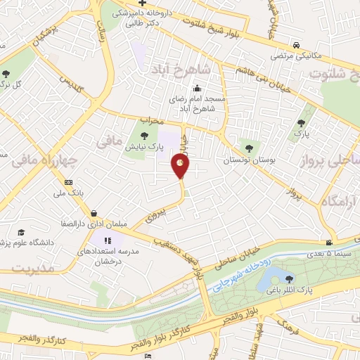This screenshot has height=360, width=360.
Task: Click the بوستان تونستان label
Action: click(247, 161)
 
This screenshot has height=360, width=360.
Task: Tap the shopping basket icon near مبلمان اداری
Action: click(94, 213)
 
